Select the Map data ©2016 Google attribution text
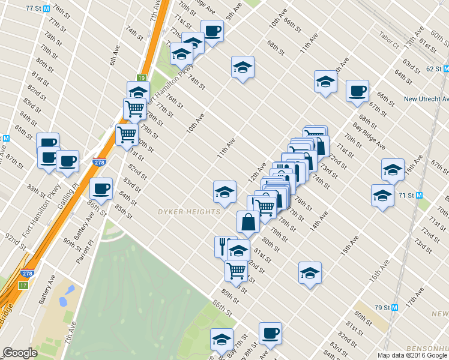[x=412, y=355]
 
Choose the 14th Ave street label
[x=319, y=221]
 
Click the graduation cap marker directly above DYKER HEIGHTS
[x=224, y=191]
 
